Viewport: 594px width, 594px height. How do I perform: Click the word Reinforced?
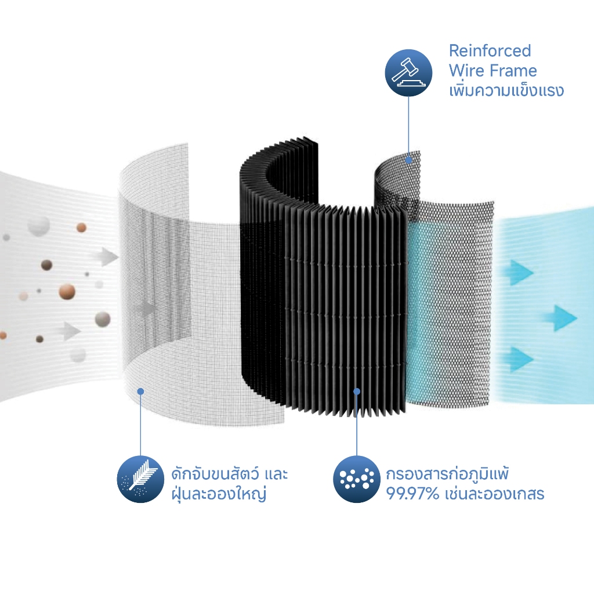(x=490, y=51)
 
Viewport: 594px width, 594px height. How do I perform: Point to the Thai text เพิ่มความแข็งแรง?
(x=506, y=90)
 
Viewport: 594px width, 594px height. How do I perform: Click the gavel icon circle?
(x=408, y=73)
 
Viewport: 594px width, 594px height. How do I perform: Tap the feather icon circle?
(x=140, y=479)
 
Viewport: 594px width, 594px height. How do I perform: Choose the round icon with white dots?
(x=357, y=479)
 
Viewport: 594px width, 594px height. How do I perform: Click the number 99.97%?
(x=412, y=494)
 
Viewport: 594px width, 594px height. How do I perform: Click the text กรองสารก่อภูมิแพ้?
(x=447, y=473)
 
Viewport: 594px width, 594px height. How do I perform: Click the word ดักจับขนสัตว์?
(x=215, y=473)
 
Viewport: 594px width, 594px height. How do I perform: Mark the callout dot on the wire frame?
(x=408, y=160)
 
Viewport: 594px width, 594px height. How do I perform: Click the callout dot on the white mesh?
(x=140, y=392)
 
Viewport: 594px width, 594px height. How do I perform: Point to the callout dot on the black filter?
(x=357, y=392)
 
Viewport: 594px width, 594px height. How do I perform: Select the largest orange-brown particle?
(x=67, y=292)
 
